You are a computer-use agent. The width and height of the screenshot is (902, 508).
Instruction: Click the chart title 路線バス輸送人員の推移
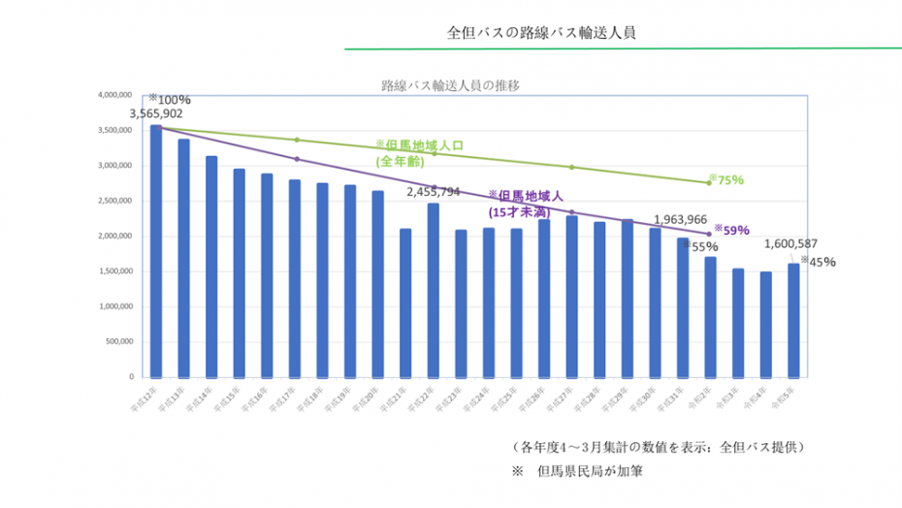point(451,85)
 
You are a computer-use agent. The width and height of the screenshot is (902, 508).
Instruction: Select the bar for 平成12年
point(156,251)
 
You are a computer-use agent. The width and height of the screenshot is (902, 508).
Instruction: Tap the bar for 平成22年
point(434,290)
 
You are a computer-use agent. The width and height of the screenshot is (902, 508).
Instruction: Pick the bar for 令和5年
point(793,320)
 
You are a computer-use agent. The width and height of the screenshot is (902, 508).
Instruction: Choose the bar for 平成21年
point(405,302)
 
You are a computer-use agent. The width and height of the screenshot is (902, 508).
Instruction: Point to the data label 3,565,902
point(155,113)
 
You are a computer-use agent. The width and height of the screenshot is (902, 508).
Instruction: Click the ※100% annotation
point(170,99)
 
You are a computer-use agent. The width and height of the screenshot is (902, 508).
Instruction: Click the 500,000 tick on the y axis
point(117,341)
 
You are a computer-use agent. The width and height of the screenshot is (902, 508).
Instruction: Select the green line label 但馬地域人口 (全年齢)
point(420,152)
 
